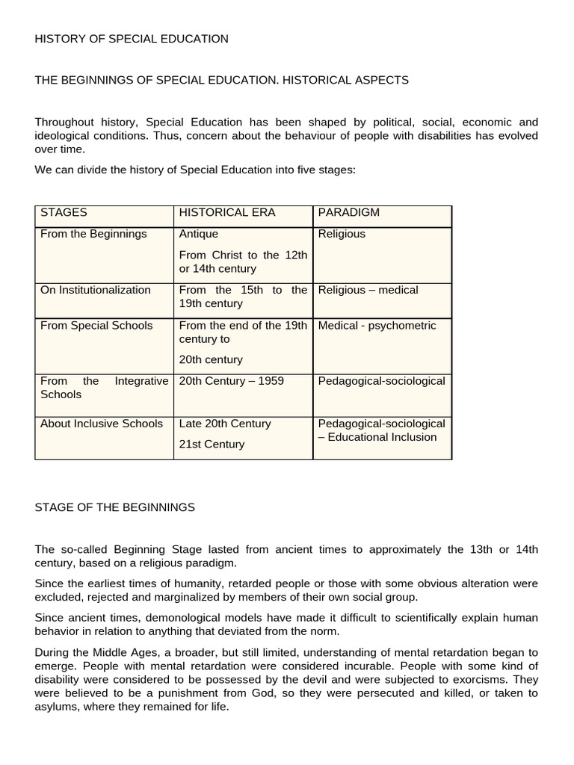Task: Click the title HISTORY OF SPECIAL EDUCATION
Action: coord(132,39)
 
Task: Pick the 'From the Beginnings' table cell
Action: coord(93,234)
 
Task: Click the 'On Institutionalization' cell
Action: coord(96,290)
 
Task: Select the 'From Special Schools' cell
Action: coord(96,325)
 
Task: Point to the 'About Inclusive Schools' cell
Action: coord(102,423)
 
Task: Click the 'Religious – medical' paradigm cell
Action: coord(368,290)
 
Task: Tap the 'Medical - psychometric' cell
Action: coord(377,325)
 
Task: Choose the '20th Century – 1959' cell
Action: coord(232,381)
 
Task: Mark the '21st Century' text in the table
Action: coord(212,444)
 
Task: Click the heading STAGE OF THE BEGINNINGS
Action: coord(114,507)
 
